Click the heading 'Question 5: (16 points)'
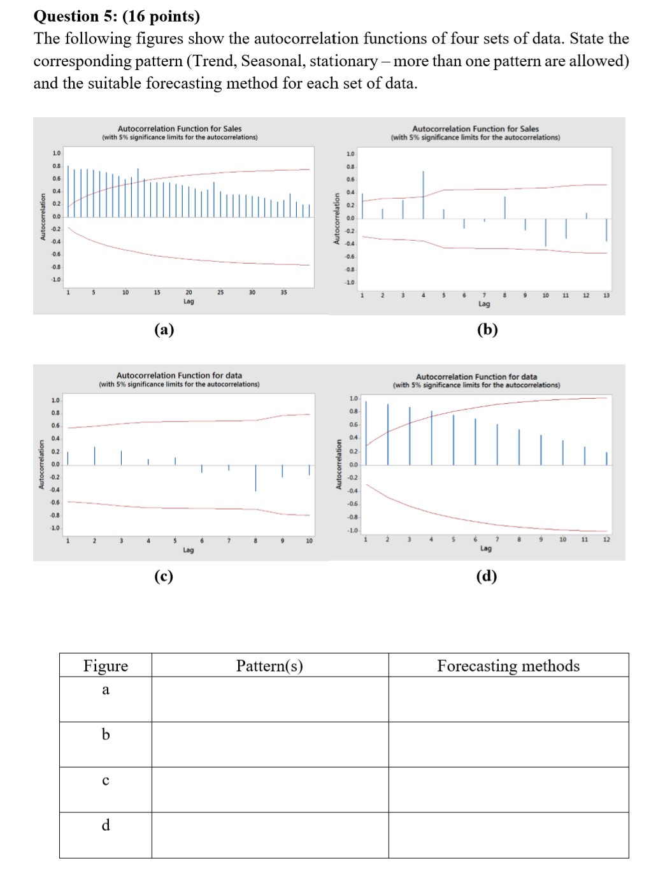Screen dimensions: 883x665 point(117,16)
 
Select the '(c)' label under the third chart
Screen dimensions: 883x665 point(164,576)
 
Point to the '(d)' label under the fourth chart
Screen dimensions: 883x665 point(487,576)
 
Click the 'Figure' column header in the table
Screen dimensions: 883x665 point(106,666)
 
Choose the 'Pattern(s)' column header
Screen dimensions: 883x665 point(269,666)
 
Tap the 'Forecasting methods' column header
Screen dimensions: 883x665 point(508,666)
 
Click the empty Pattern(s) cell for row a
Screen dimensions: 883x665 point(269,699)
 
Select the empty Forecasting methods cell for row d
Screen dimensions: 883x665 point(508,835)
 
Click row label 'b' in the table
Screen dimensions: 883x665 point(106,735)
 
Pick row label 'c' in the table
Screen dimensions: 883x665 point(106,780)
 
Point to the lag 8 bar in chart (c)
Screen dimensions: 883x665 point(255,478)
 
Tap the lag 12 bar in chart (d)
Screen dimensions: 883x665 point(606,458)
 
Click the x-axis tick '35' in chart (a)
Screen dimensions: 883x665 point(283,292)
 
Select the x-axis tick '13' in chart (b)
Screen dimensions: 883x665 point(606,296)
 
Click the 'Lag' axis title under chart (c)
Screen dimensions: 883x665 point(189,549)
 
